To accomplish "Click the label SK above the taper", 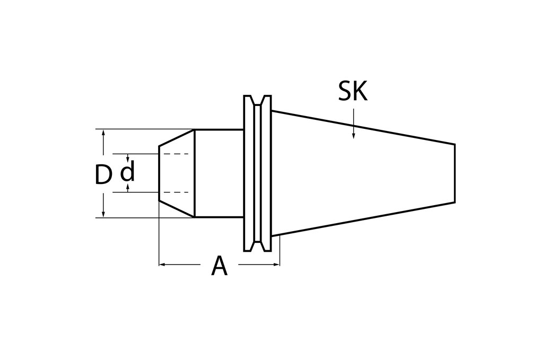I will click(352, 92).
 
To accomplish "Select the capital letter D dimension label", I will click(103, 175).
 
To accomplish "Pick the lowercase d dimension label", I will click(127, 172).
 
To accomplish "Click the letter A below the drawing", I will click(219, 266).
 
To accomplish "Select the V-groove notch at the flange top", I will click(257, 100).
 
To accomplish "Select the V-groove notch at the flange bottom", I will click(257, 247).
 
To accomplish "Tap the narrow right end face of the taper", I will click(455, 173).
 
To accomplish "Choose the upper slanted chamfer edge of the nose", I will click(177, 138).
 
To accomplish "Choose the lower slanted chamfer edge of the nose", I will click(177, 209).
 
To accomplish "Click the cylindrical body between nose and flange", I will click(219, 173).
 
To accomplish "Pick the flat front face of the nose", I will click(159, 173).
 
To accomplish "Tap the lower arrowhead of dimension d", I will click(127, 189).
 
